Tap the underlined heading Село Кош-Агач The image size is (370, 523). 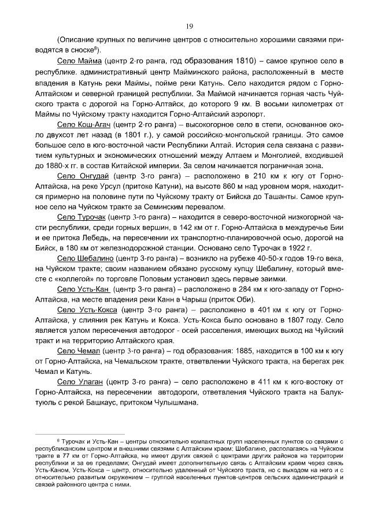85,124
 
